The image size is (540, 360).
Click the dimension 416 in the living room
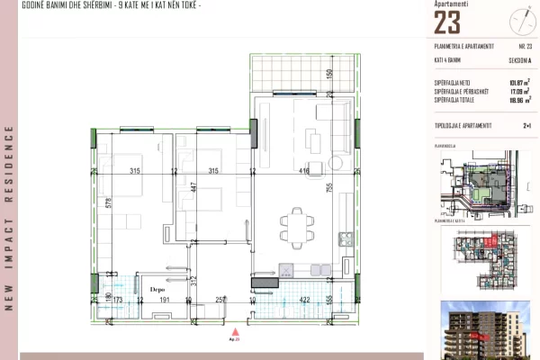305,170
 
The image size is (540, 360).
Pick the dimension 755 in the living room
330,187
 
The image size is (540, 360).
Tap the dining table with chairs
296,224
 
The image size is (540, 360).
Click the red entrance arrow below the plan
236,331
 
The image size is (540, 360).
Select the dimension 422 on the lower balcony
304,300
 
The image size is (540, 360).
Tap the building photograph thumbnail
483,329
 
